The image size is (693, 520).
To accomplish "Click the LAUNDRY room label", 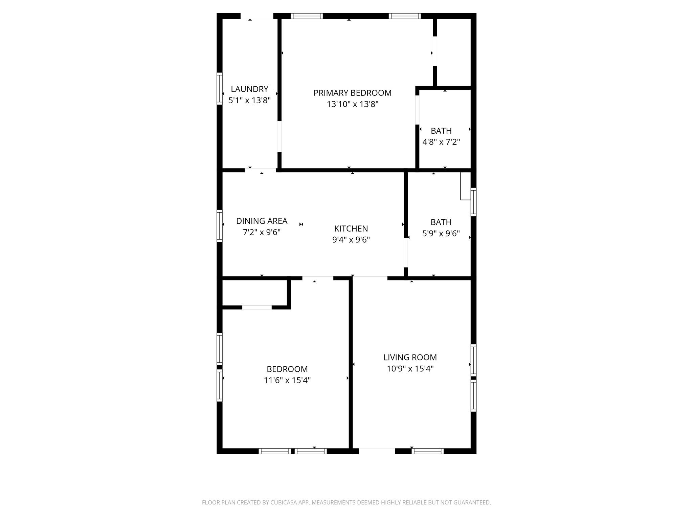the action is tap(249, 89).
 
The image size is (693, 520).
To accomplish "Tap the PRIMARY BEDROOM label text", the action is tap(352, 93).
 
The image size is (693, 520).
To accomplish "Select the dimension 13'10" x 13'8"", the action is tap(352, 104).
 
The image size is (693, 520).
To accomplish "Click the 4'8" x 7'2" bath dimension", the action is tap(441, 142).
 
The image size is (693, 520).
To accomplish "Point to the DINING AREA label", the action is tap(262, 221).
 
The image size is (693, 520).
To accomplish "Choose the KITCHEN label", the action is tap(351, 229).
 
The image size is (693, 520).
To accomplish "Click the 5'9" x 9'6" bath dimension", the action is tap(441, 233).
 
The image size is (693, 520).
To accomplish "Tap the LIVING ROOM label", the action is tap(410, 357).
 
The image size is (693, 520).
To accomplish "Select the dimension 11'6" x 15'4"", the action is tap(287, 380).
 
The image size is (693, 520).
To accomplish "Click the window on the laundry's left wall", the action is tap(220, 88).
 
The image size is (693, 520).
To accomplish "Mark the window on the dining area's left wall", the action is tap(220, 226).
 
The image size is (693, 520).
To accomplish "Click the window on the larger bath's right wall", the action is tap(474, 202).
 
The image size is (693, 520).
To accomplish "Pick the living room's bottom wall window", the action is tap(427, 451).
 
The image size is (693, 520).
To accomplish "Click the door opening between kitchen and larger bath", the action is tap(406, 253).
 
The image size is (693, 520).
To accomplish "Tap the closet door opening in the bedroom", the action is tap(257, 307).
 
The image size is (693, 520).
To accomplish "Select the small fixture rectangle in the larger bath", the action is tap(466, 186).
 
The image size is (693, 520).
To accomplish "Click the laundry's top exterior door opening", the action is tap(257, 16).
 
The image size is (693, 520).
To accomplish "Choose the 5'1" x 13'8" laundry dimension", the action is tap(249, 101).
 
